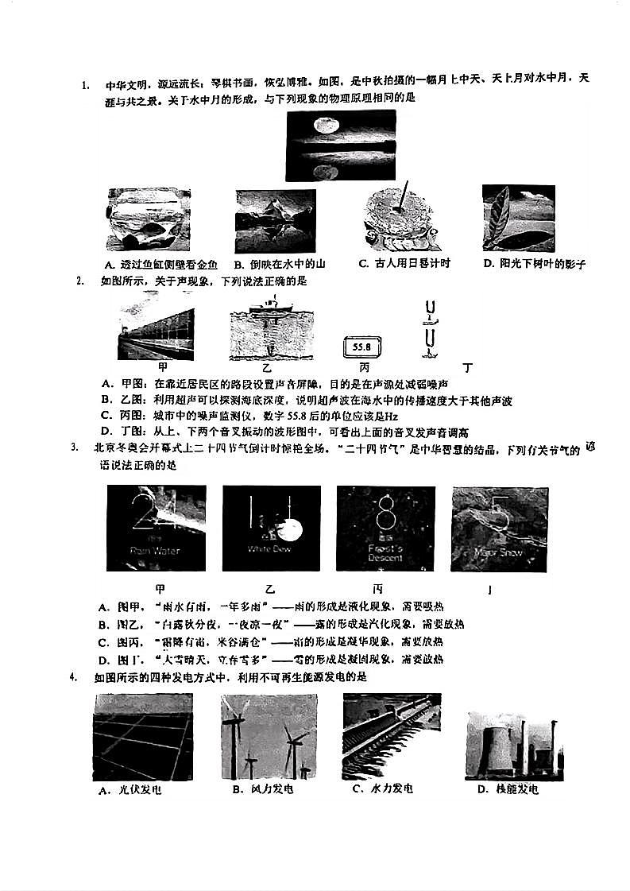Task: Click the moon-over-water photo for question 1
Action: click(341, 145)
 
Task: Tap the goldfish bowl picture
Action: click(148, 219)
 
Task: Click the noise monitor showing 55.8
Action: click(362, 347)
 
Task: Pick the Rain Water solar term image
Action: click(156, 529)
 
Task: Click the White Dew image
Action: click(271, 529)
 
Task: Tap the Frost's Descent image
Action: click(385, 529)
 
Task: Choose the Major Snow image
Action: click(499, 529)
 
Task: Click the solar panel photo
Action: click(142, 737)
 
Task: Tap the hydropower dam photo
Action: click(391, 735)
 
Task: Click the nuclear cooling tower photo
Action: click(514, 742)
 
